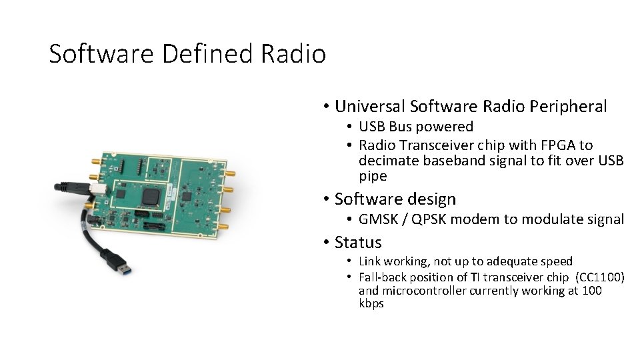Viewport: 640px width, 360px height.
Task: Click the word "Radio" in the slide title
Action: (293, 53)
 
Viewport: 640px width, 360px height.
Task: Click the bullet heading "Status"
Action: (358, 243)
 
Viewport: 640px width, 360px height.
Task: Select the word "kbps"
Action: (371, 303)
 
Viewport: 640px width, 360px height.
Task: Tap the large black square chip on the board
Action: (151, 195)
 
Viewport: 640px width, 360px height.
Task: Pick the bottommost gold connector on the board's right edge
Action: (224, 227)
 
